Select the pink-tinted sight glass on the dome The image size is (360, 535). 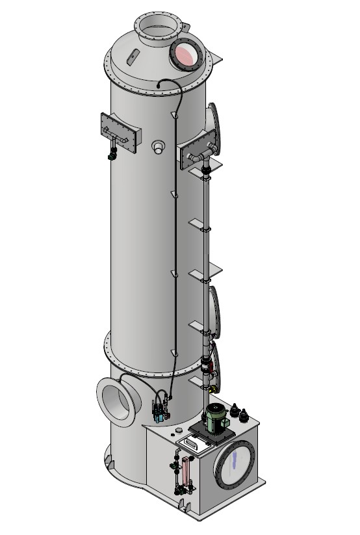tap(185, 55)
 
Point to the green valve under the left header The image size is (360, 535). tap(112, 155)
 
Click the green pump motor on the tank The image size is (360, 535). tap(215, 416)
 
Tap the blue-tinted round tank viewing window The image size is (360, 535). tap(234, 464)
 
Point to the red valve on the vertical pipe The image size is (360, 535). tap(210, 368)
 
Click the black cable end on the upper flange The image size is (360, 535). tap(161, 83)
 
